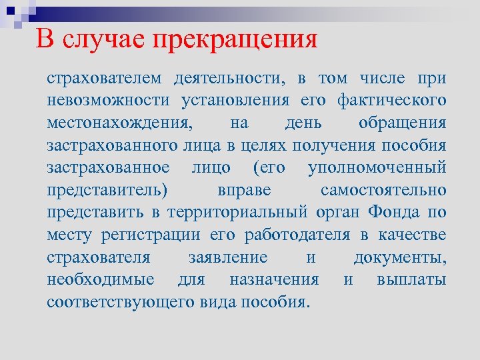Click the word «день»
tap(303, 124)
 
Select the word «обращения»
tap(411, 124)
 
